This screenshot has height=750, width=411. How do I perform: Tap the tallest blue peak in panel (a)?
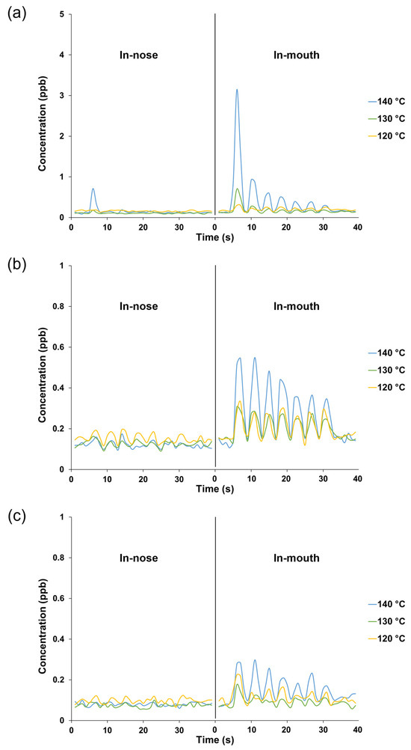click(x=237, y=90)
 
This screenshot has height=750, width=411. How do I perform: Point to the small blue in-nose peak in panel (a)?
click(x=93, y=189)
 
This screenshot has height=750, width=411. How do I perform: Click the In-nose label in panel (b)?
click(x=142, y=306)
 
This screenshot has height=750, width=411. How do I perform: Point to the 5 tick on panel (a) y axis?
click(x=61, y=14)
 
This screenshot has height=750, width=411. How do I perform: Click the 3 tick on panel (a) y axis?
click(x=61, y=96)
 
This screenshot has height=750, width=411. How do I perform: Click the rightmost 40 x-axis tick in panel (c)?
click(x=358, y=730)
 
